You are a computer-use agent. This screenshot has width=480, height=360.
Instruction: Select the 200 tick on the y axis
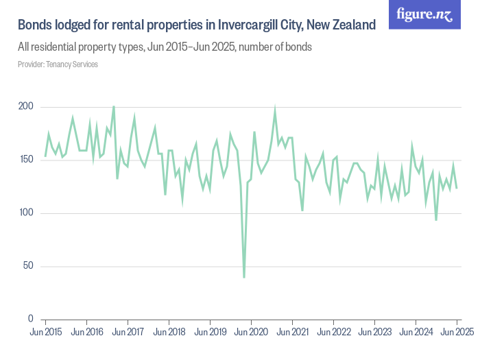pyautogui.click(x=26, y=107)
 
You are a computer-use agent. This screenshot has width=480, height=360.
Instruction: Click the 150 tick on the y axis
pyautogui.click(x=26, y=160)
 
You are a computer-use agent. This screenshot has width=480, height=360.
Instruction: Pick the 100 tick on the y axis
pyautogui.click(x=26, y=213)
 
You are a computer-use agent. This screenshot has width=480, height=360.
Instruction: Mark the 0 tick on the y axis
pyautogui.click(x=31, y=319)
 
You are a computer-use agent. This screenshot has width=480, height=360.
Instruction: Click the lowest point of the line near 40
pyautogui.click(x=244, y=277)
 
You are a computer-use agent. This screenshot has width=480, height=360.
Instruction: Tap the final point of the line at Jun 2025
pyautogui.click(x=457, y=188)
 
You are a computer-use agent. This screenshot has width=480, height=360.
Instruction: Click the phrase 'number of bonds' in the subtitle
pyautogui.click(x=278, y=47)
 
